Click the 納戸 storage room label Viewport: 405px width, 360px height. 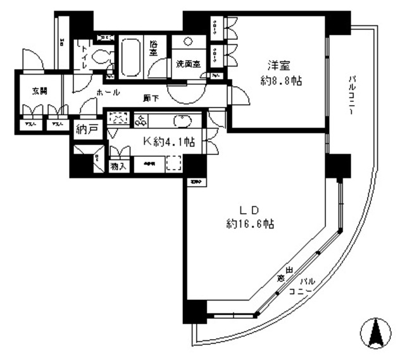point(86,130)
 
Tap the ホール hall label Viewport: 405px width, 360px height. point(108,92)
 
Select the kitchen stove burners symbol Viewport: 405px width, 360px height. point(140,120)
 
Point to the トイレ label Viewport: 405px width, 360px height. point(82,52)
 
